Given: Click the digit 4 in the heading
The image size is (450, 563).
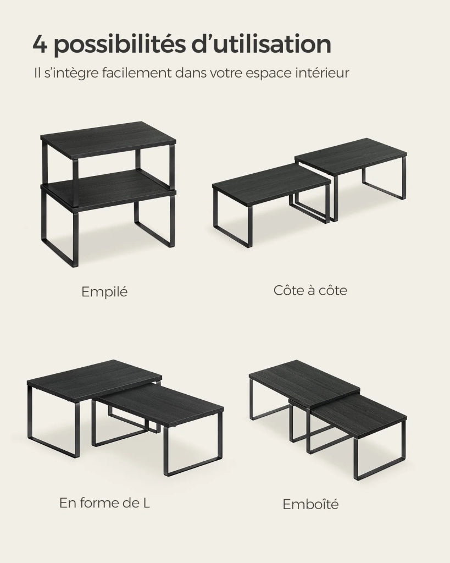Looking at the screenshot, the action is (x=40, y=44).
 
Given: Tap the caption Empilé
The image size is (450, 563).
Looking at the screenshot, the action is (x=104, y=291).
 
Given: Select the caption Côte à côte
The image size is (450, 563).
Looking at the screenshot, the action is (x=310, y=290).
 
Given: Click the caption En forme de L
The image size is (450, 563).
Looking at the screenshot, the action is (x=104, y=503).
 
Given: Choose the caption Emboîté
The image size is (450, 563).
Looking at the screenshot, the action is (x=310, y=504).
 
